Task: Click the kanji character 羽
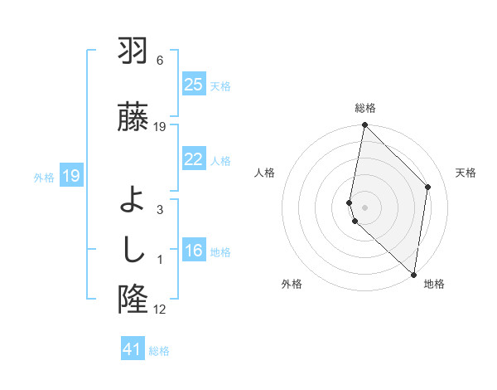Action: coord(133,52)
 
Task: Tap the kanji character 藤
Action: coord(133,117)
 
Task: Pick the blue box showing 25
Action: coord(193,84)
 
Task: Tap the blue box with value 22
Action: coord(193,159)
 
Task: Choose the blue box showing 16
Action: coord(193,251)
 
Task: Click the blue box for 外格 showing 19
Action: coord(70,175)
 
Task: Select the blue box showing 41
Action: coord(133,349)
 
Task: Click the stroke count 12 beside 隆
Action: coord(160,310)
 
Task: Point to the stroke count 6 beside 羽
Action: coord(160,61)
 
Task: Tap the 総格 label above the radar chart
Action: coord(365,109)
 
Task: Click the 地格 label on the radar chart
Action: coord(434,285)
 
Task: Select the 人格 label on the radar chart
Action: coord(265,173)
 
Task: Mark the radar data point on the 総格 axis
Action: coord(364,125)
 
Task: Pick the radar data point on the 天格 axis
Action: coord(428,187)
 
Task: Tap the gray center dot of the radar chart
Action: coord(364,207)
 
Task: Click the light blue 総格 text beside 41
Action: coord(160,350)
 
